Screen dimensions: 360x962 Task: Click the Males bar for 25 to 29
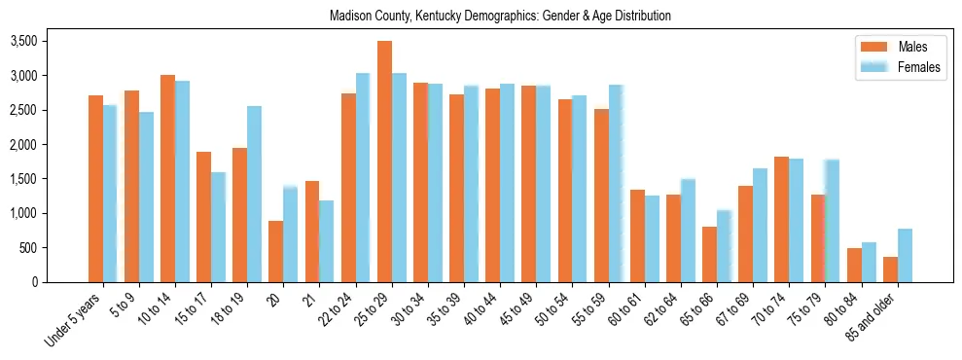point(385,162)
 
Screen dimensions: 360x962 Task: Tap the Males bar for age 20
point(276,251)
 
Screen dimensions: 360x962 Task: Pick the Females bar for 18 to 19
point(254,194)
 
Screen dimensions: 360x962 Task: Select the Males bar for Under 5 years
point(96,189)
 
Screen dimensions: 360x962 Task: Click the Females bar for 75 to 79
point(832,220)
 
